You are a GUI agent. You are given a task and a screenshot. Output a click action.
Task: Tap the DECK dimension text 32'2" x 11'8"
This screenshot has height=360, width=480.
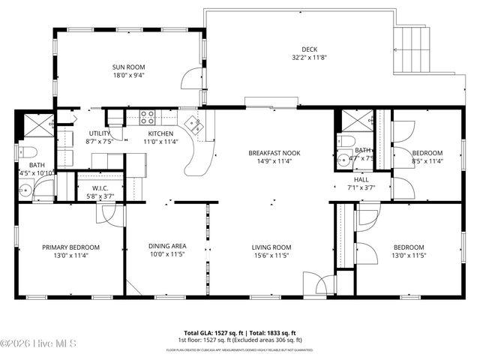click(309, 58)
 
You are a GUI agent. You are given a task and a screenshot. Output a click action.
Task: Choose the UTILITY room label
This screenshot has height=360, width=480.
click(100, 133)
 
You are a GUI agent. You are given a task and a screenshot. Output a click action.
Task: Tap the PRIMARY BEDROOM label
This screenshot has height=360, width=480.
click(70, 247)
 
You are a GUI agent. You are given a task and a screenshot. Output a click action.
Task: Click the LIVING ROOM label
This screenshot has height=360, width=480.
click(271, 247)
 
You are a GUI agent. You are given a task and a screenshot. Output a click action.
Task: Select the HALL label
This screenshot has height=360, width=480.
click(361, 180)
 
